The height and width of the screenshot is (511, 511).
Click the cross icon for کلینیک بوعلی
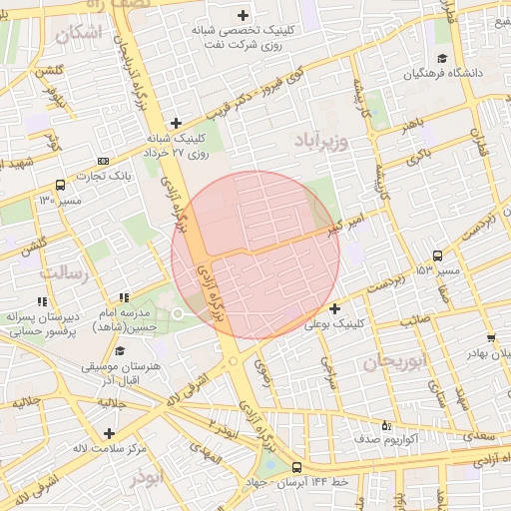point(334,308)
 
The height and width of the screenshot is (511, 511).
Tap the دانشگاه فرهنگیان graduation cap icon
point(442,58)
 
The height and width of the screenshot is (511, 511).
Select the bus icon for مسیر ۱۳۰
point(61,185)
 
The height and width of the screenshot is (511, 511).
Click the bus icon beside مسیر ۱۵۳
point(437,255)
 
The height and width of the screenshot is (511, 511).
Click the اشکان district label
point(80,34)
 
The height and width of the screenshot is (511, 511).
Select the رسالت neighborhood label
point(64,272)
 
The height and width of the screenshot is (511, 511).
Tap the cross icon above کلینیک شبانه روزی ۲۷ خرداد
point(176,123)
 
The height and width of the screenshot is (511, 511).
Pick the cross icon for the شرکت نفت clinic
point(245,15)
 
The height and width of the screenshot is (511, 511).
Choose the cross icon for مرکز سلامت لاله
point(109,433)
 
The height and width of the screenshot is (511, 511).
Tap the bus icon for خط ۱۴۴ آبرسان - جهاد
point(295,467)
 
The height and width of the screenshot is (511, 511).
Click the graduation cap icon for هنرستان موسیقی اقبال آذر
point(121,350)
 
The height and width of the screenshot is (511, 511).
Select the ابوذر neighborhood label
point(145,478)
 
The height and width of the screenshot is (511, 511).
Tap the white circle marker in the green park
point(178,314)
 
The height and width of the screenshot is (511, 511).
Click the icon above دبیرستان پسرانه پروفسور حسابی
point(41,300)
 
